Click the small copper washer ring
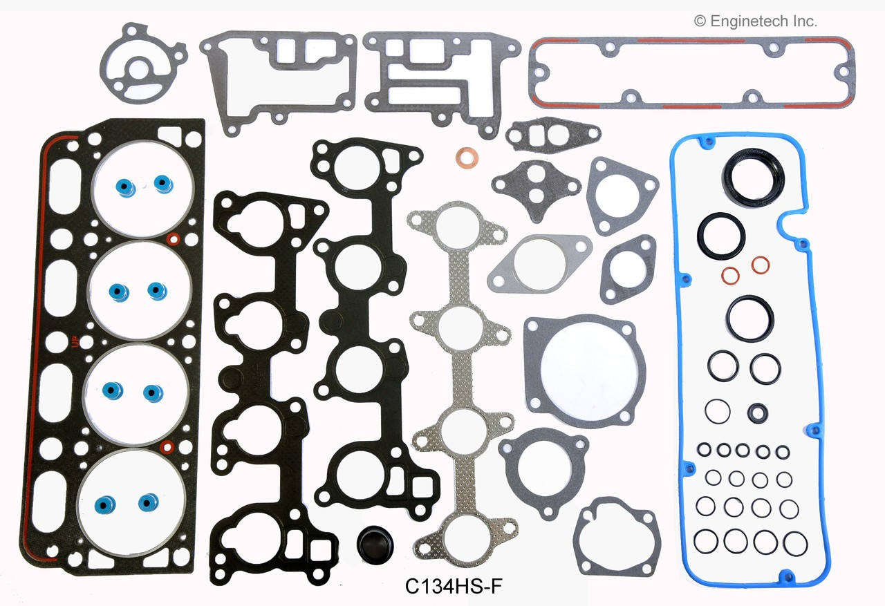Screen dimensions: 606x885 point(468,158)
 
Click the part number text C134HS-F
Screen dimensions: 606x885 point(445,586)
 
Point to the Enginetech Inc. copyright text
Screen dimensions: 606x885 point(756,21)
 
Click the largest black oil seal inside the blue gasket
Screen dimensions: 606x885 point(753,178)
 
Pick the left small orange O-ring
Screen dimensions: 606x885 point(730,276)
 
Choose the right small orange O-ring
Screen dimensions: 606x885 point(760,265)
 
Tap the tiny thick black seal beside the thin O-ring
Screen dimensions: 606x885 point(757,413)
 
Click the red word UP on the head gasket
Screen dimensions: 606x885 point(75,341)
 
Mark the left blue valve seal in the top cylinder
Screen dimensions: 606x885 point(125,187)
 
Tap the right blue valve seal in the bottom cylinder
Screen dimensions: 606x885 point(147,501)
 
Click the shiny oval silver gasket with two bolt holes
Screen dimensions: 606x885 point(539,263)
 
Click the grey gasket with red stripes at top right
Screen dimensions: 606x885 point(691,73)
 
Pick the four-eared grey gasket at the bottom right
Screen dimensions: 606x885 point(617,535)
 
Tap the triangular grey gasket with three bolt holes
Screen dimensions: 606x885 point(621,195)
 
